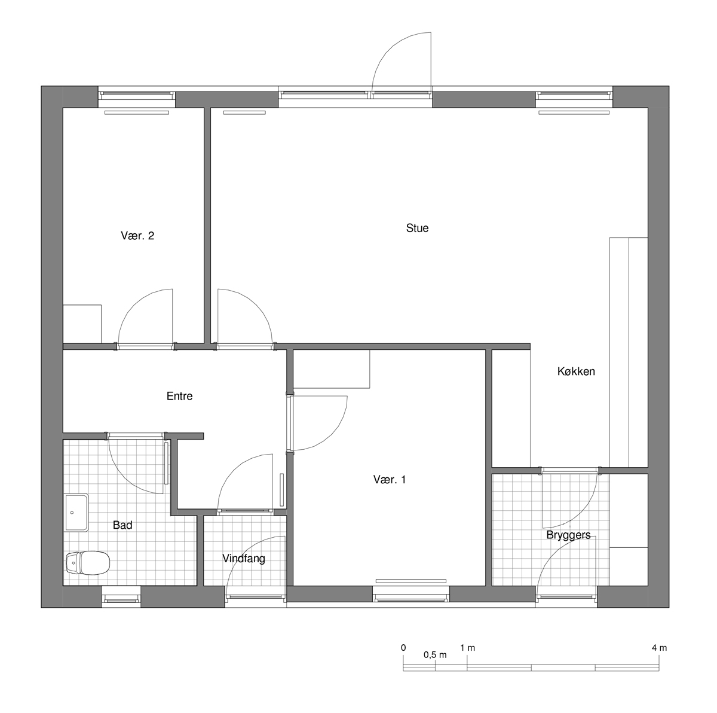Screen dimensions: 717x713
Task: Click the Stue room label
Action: (x=417, y=228)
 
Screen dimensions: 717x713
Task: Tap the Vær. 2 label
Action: (x=137, y=236)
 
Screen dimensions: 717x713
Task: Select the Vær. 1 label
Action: (x=389, y=480)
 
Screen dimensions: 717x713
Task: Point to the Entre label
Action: (x=179, y=396)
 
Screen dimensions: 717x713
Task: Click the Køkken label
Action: (x=576, y=371)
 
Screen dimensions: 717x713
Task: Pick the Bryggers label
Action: (x=568, y=535)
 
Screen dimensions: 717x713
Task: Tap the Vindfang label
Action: (x=244, y=559)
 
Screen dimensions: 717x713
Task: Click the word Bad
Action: (x=122, y=525)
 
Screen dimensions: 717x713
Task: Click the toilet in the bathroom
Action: (x=88, y=562)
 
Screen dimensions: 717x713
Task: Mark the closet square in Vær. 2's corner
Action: (x=82, y=324)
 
